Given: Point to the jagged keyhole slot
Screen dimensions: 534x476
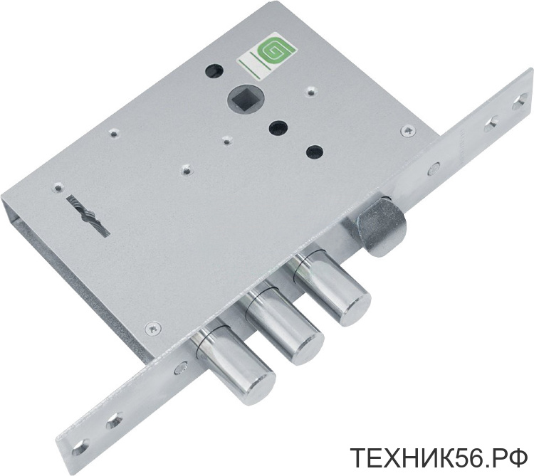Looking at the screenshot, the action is tap(89, 215).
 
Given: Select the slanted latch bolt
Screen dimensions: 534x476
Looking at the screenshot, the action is tap(382, 226).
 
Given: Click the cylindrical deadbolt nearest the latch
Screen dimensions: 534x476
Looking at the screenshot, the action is tap(331, 287).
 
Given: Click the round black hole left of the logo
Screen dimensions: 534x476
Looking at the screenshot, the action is tap(214, 70).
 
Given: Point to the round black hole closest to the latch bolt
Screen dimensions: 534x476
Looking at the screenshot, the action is tap(315, 152).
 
